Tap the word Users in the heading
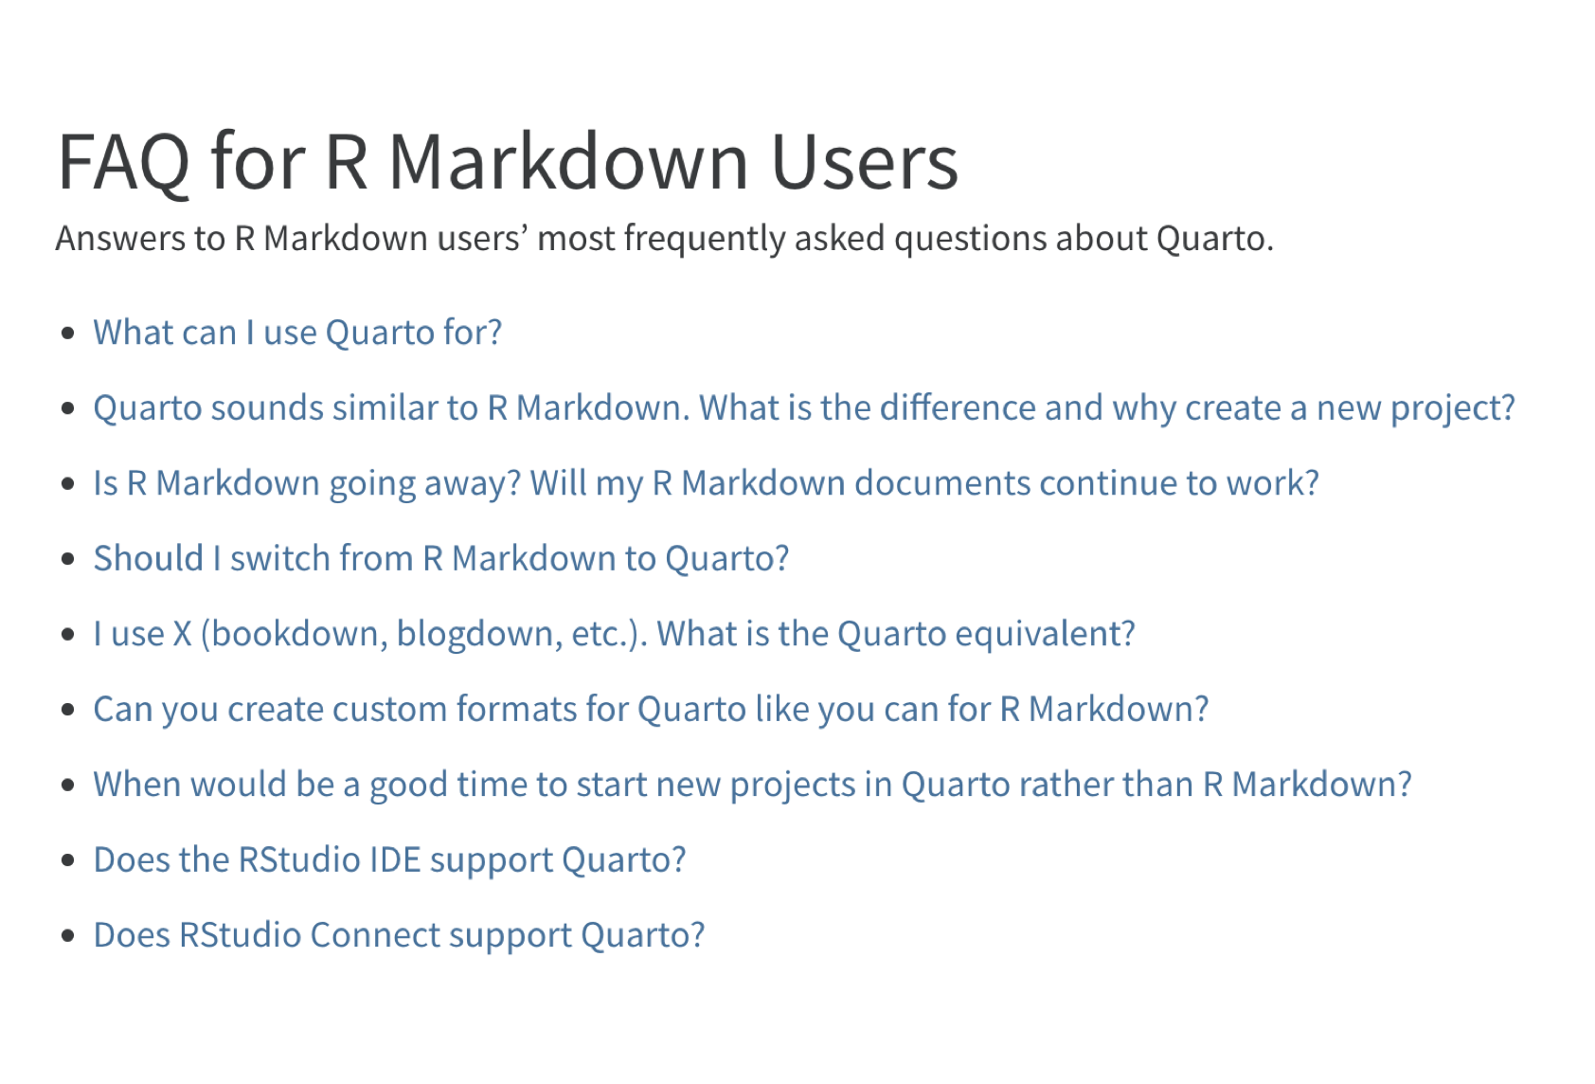[x=865, y=162]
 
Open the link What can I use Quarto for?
[x=297, y=333]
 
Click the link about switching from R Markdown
[x=441, y=558]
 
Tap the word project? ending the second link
[x=1453, y=408]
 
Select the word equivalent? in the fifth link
[x=1045, y=634]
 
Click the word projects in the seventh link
[x=793, y=785]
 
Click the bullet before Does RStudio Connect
[x=68, y=935]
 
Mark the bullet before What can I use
[x=68, y=333]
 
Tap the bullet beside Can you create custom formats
[x=68, y=710]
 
